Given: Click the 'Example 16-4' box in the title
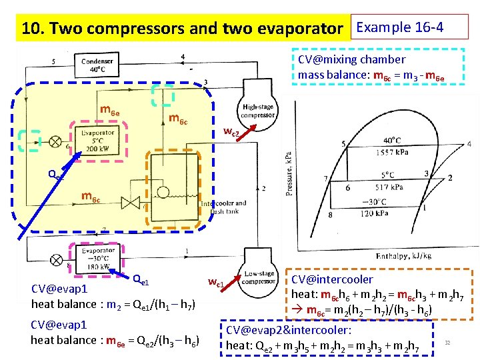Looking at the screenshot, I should tap(401, 27).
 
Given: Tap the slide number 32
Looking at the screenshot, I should tap(448, 342).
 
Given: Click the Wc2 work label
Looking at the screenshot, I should tap(231, 133).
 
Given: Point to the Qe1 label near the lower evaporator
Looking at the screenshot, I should tap(141, 279).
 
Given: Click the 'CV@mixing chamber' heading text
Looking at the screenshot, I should tap(351, 59).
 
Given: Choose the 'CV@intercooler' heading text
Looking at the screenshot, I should tap(332, 279).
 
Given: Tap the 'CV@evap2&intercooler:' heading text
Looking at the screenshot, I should tap(289, 330).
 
